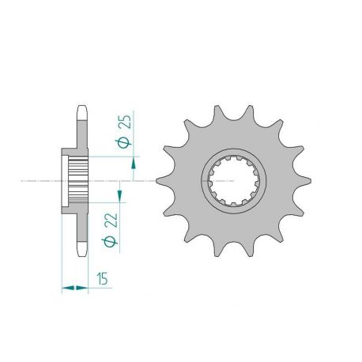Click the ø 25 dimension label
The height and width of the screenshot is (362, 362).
point(123,131)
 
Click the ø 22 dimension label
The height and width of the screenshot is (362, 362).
point(110,230)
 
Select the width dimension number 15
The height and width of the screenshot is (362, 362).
point(102,279)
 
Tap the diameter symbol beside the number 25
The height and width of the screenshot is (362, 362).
point(123,143)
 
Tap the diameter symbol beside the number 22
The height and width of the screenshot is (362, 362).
point(110,241)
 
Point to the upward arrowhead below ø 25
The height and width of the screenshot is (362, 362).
point(134,163)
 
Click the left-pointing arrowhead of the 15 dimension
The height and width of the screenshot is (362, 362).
point(68,288)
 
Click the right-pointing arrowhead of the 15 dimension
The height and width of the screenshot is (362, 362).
point(81,288)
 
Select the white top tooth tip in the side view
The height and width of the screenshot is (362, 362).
point(82,113)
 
